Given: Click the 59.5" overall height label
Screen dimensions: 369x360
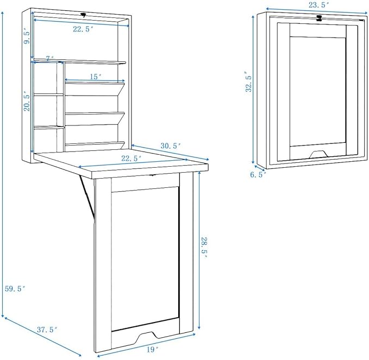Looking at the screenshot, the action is click(x=15, y=288).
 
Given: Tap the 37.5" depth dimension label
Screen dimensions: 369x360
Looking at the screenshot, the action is click(x=47, y=330).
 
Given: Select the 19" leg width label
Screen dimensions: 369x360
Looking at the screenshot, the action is click(x=151, y=350).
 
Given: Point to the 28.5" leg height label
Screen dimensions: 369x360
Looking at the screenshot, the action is click(x=204, y=247).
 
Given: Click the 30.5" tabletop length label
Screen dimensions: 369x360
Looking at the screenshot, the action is click(x=171, y=146).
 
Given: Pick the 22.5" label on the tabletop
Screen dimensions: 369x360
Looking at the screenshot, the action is click(x=132, y=158).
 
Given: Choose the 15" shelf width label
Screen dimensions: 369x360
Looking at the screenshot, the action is click(x=96, y=77).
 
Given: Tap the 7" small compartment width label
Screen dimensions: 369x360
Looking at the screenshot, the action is click(x=50, y=58).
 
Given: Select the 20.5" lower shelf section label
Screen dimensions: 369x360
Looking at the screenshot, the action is click(x=27, y=102).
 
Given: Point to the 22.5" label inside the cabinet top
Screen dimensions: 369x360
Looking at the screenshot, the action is click(x=83, y=29).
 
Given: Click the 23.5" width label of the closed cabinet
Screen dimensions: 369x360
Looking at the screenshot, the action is click(x=318, y=5).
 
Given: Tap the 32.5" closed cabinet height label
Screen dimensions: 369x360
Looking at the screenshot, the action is click(x=249, y=81).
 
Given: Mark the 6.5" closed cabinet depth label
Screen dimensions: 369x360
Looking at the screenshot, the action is click(x=258, y=175).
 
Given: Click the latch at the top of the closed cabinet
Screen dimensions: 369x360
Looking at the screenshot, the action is click(x=320, y=18).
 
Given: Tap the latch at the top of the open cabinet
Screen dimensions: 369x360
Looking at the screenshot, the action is click(x=84, y=16).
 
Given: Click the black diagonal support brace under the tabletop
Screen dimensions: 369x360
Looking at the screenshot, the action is click(x=87, y=196).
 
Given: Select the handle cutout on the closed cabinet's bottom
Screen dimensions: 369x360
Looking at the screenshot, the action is click(x=318, y=154).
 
